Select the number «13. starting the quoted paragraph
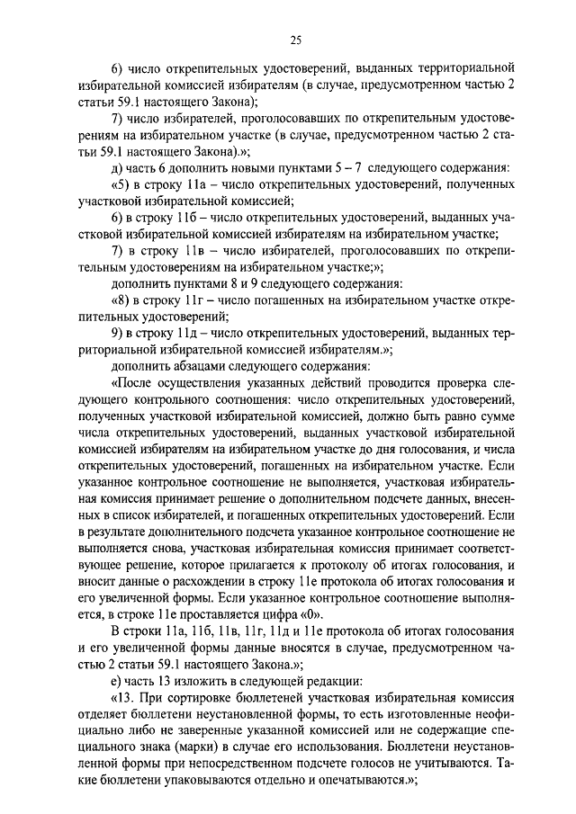coord(123,696)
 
